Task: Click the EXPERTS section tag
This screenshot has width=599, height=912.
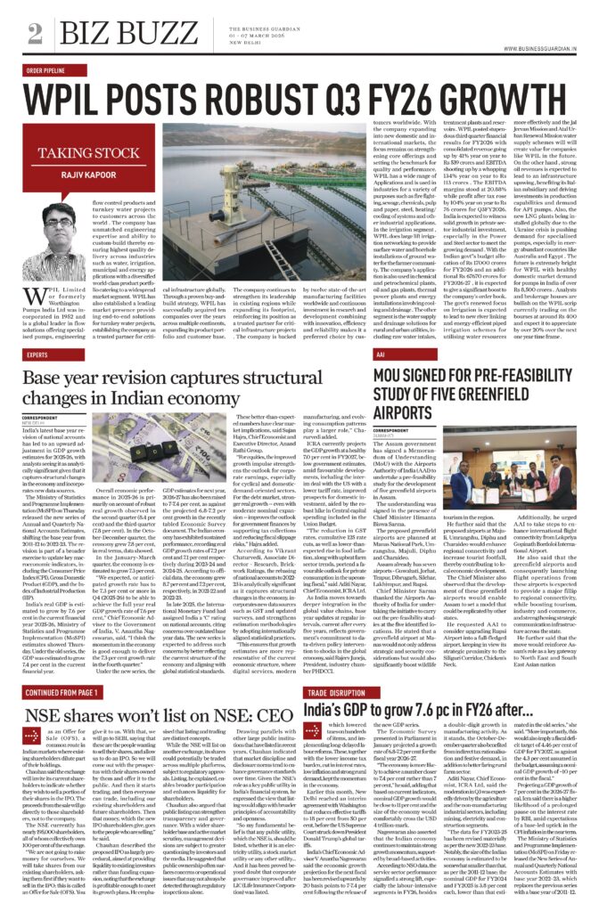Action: click(38, 354)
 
